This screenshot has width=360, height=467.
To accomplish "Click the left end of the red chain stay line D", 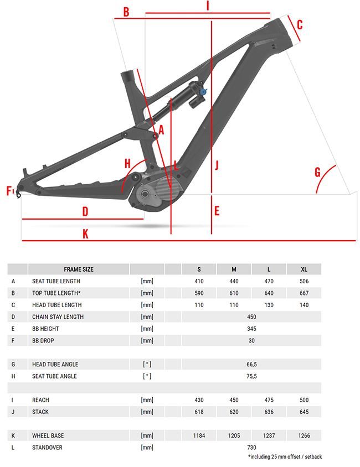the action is pyautogui.click(x=22, y=219).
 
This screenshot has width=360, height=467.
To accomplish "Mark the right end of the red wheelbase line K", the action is pyautogui.click(x=356, y=240).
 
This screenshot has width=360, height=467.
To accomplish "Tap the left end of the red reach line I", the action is pyautogui.click(x=146, y=13).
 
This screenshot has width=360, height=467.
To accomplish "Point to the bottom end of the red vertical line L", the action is pyautogui.click(x=171, y=234).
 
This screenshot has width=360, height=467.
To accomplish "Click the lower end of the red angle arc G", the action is pyautogui.click(x=316, y=193).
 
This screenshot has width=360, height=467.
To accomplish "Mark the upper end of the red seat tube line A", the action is pyautogui.click(x=137, y=69).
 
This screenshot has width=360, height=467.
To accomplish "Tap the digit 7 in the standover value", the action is pyautogui.click(x=248, y=447).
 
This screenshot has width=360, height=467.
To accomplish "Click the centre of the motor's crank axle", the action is pyautogui.click(x=145, y=194).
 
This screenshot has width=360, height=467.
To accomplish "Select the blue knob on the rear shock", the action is pyautogui.click(x=204, y=92).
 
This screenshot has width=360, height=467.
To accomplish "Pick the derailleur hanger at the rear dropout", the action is pyautogui.click(x=18, y=193).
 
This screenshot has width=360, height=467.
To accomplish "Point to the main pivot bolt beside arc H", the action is pyautogui.click(x=136, y=177).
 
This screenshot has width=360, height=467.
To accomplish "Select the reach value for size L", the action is pyautogui.click(x=269, y=400).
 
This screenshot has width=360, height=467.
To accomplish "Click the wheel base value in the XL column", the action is pyautogui.click(x=304, y=435).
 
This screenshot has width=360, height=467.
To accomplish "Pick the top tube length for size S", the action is pyautogui.click(x=199, y=293).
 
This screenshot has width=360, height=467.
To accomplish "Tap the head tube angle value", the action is pyautogui.click(x=251, y=364).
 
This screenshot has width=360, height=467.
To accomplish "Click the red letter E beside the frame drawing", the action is pyautogui.click(x=217, y=211).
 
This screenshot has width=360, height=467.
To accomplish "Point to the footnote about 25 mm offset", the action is pyautogui.click(x=285, y=456).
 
